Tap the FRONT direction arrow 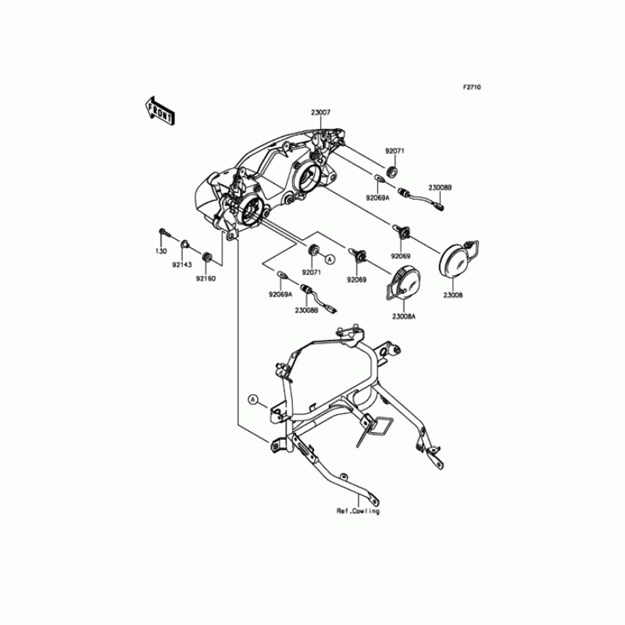pos(159,111)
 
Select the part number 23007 pos(321,112)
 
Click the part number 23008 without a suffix pos(454,296)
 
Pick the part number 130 pos(159,252)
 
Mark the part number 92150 pos(206,278)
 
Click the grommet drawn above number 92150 pos(208,257)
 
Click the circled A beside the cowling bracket pos(252,399)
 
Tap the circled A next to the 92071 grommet pos(330,258)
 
